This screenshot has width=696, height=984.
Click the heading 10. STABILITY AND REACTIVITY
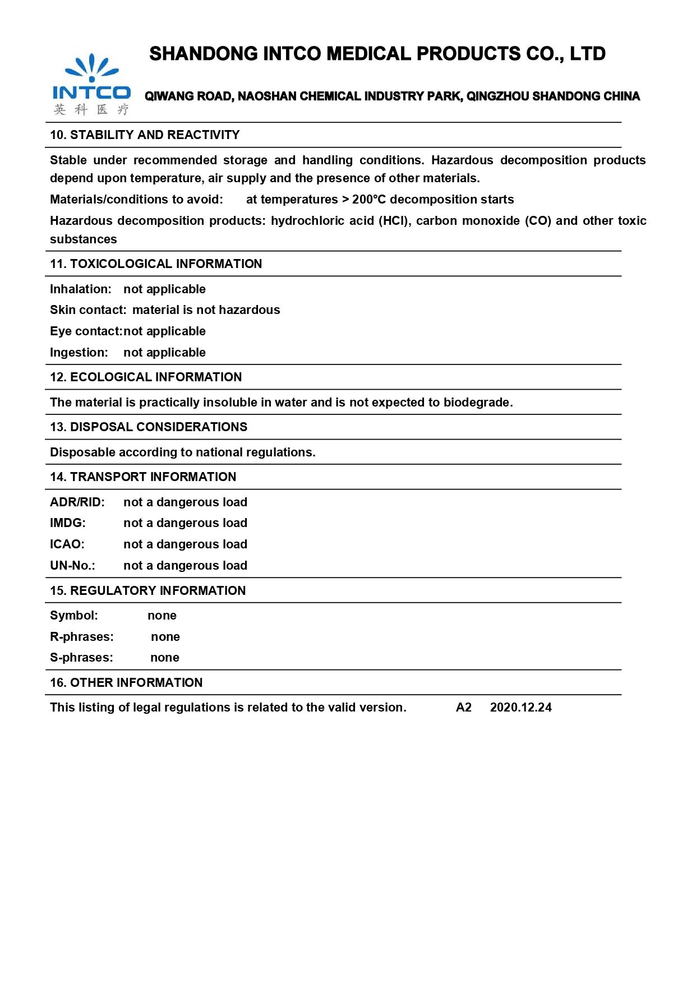(145, 135)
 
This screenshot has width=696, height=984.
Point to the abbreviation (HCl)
(395, 221)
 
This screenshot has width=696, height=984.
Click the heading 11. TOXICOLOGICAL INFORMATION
(156, 264)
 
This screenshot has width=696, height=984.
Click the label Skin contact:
(88, 310)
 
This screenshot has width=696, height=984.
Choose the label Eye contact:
(86, 331)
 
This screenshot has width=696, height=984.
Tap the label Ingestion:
(79, 353)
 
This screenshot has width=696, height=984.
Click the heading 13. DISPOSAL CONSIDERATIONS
(149, 427)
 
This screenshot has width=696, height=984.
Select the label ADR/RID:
(77, 502)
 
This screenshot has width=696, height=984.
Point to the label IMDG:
(68, 523)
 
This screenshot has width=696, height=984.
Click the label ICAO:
(67, 544)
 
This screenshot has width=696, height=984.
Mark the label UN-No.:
(73, 566)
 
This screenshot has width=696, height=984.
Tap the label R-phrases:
(82, 637)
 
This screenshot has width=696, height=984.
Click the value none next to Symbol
(162, 616)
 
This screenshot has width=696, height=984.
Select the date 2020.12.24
(520, 708)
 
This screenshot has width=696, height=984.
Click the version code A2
(464, 708)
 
